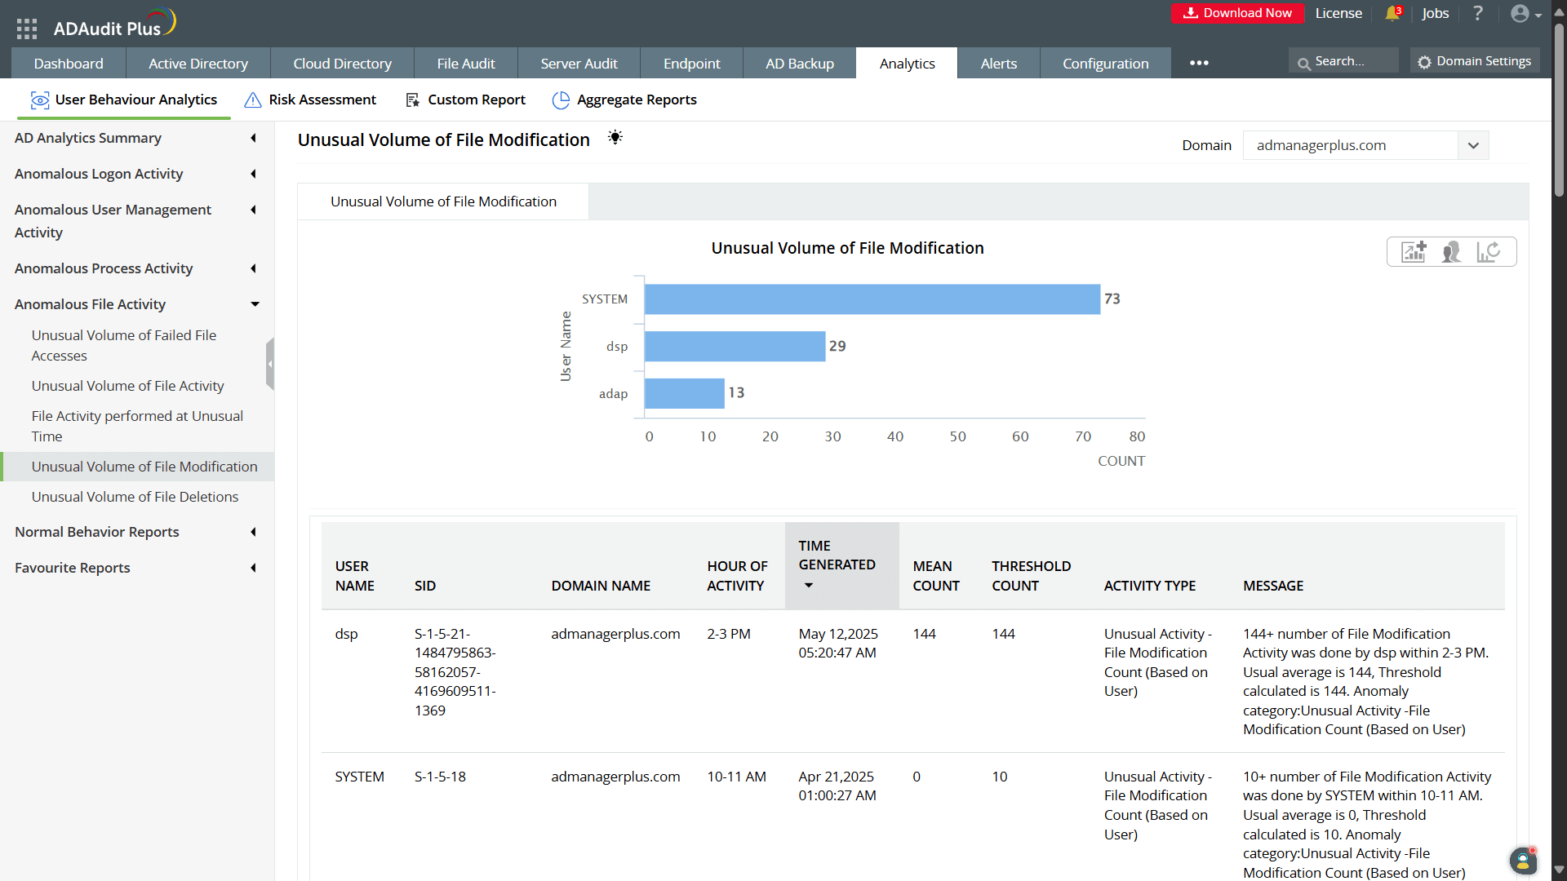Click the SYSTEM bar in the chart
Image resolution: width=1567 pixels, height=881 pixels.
pyautogui.click(x=872, y=299)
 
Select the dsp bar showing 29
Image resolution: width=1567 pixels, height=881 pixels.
pyautogui.click(x=735, y=346)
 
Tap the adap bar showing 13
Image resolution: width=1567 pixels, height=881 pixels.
pyautogui.click(x=684, y=393)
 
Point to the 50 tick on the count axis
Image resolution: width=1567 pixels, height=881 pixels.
pyautogui.click(x=957, y=436)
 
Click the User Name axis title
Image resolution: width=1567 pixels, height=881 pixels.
pyautogui.click(x=566, y=346)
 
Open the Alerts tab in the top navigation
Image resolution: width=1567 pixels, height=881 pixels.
pyautogui.click(x=998, y=64)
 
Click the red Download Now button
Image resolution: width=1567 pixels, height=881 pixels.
pyautogui.click(x=1237, y=13)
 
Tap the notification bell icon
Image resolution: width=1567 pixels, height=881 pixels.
pyautogui.click(x=1392, y=14)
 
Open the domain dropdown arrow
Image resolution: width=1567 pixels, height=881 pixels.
pyautogui.click(x=1473, y=145)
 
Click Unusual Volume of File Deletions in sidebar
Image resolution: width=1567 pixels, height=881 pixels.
pyautogui.click(x=135, y=497)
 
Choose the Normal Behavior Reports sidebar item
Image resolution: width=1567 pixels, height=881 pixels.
pyautogui.click(x=96, y=532)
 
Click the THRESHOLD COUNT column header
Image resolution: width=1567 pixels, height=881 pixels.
pyautogui.click(x=1031, y=576)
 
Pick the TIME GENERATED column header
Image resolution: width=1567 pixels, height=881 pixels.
pyautogui.click(x=837, y=556)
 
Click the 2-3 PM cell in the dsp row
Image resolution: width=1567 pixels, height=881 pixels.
pyautogui.click(x=728, y=634)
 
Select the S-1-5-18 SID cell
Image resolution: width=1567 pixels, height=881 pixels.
pyautogui.click(x=440, y=777)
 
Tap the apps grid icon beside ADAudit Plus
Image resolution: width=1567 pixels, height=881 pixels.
pyautogui.click(x=27, y=29)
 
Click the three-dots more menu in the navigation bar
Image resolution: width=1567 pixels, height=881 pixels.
pyautogui.click(x=1199, y=63)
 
